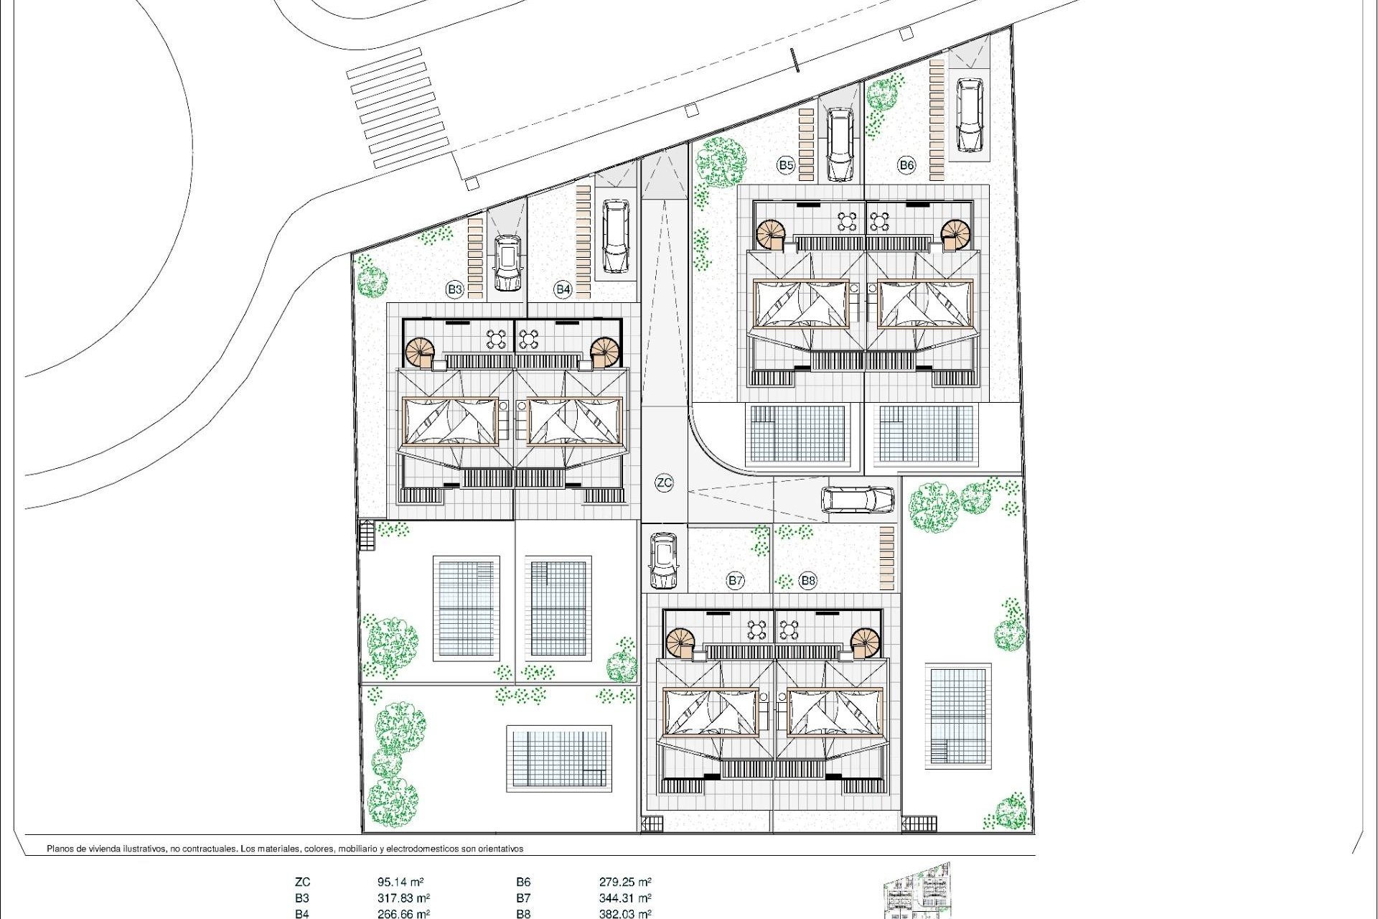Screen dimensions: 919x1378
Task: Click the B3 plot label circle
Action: tap(454, 290)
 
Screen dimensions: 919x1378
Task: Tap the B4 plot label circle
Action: tap(563, 290)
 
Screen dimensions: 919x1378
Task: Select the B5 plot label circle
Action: tap(786, 165)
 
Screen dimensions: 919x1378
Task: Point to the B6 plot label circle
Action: tap(906, 165)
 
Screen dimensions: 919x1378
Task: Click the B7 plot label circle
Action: tap(735, 581)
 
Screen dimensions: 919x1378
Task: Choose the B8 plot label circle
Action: tap(808, 581)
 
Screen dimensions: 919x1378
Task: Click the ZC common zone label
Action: tap(665, 482)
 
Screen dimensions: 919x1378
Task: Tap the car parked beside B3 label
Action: tap(507, 263)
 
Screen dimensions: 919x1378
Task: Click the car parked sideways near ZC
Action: tap(858, 500)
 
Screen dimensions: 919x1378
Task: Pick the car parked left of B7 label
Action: tap(664, 560)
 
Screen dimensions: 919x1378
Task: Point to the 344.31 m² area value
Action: tap(625, 898)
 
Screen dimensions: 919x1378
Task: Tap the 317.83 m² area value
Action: tap(403, 898)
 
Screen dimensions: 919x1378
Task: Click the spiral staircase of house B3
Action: tap(420, 353)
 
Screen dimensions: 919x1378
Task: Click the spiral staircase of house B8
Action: tap(865, 642)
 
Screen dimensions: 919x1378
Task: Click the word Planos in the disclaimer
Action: tap(62, 849)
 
